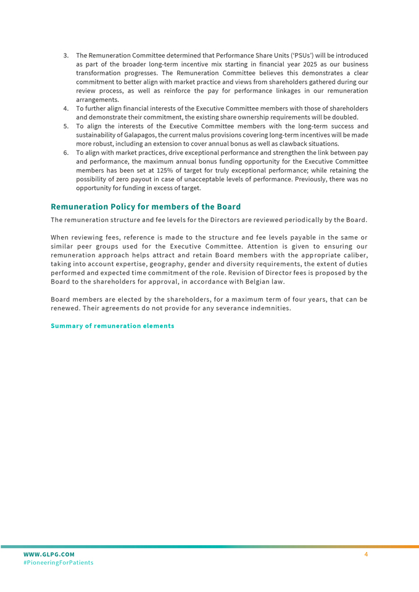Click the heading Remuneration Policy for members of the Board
pos(146,207)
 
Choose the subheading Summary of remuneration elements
pos(112,326)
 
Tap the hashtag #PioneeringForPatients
pos(58,563)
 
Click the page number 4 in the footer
pos(366,555)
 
